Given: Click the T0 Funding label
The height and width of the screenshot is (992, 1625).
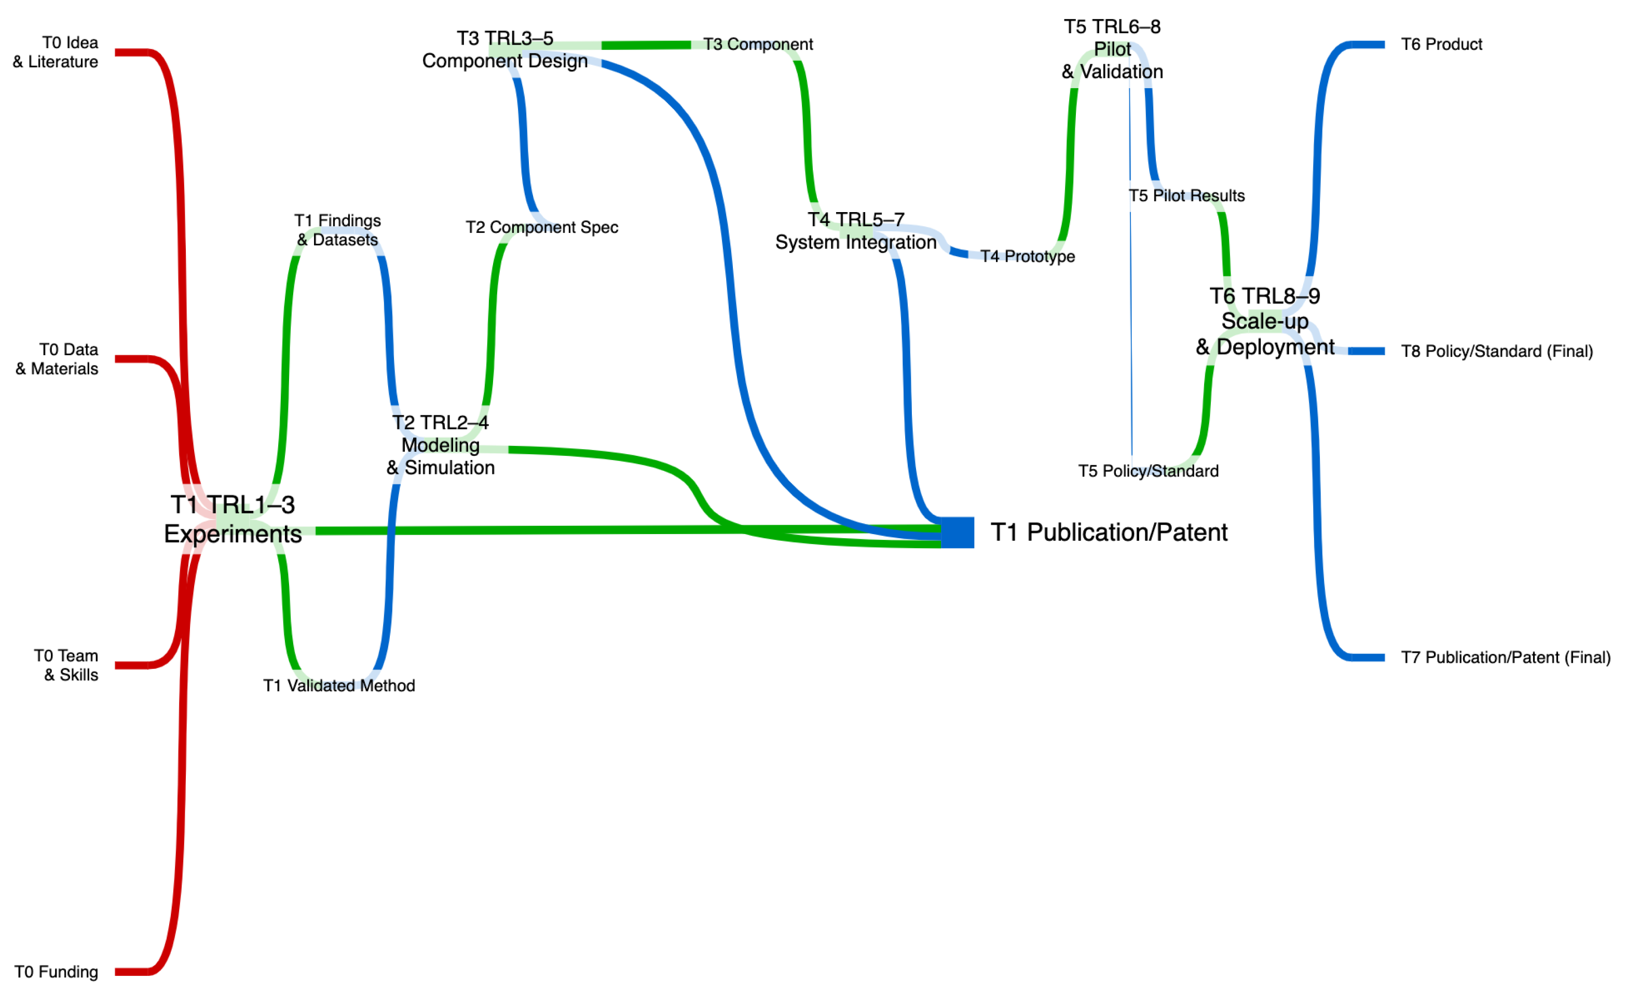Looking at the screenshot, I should pos(56,972).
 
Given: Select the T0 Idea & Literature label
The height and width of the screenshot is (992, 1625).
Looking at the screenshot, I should pos(56,52).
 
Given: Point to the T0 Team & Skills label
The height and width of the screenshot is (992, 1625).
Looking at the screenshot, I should pos(66,665).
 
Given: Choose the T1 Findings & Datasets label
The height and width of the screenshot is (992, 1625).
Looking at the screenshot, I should pos(338,230).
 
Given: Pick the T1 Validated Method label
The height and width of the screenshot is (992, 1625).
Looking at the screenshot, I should pos(339,686).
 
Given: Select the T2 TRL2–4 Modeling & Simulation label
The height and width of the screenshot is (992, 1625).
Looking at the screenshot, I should pos(441,445).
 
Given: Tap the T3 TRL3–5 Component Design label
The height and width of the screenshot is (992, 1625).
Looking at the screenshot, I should pos(504,49).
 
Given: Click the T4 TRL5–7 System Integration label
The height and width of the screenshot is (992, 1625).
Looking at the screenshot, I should pos(855,231).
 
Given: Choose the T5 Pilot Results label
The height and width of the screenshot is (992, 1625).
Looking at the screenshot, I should pos(1186,196).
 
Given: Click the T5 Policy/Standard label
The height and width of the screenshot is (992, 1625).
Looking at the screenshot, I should pos(1148,471).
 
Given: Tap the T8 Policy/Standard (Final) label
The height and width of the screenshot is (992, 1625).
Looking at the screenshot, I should pos(1496,351).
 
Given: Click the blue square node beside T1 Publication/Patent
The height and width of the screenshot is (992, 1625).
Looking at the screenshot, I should pos(957,532).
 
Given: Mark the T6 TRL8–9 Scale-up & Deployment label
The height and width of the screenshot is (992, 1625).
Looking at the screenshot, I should pos(1264,321).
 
